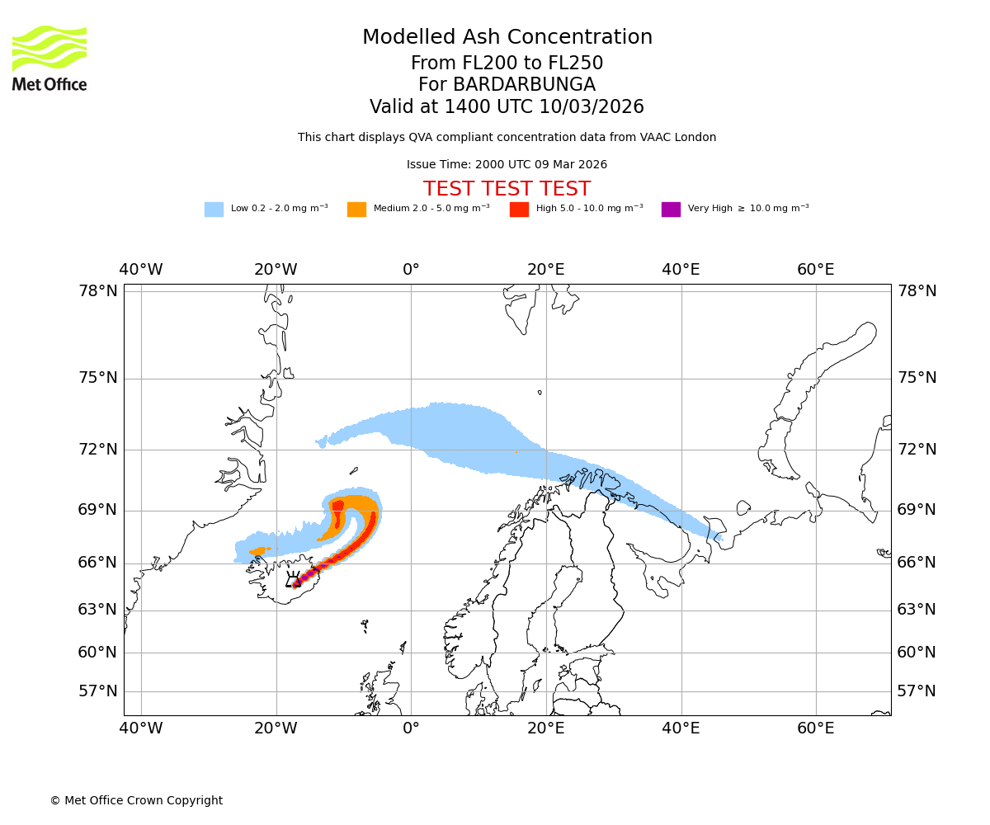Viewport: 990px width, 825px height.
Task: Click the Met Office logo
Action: click(x=49, y=58)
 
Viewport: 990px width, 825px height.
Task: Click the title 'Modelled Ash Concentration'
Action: click(x=507, y=37)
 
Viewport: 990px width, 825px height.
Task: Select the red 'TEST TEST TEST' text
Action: click(x=507, y=189)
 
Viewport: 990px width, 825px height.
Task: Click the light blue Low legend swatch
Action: click(x=214, y=209)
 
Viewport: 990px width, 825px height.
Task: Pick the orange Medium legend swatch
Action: click(x=356, y=209)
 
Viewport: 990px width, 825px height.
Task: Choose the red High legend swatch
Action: click(x=519, y=209)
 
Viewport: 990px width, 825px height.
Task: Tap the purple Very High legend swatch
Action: click(x=671, y=209)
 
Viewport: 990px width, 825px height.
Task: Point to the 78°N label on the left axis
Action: click(x=98, y=290)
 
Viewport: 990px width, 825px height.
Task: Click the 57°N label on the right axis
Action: click(x=917, y=691)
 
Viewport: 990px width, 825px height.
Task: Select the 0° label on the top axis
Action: click(x=411, y=270)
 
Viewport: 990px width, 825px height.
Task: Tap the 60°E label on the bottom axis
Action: click(x=816, y=728)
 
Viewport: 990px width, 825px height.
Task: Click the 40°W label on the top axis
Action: click(x=141, y=270)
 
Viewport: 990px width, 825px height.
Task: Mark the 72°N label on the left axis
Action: click(x=98, y=449)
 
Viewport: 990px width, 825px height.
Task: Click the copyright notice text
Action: click(x=136, y=800)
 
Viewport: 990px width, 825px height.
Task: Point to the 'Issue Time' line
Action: click(x=507, y=164)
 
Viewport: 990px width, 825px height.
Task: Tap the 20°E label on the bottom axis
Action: click(x=546, y=728)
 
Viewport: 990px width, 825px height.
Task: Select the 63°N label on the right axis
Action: click(x=917, y=610)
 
